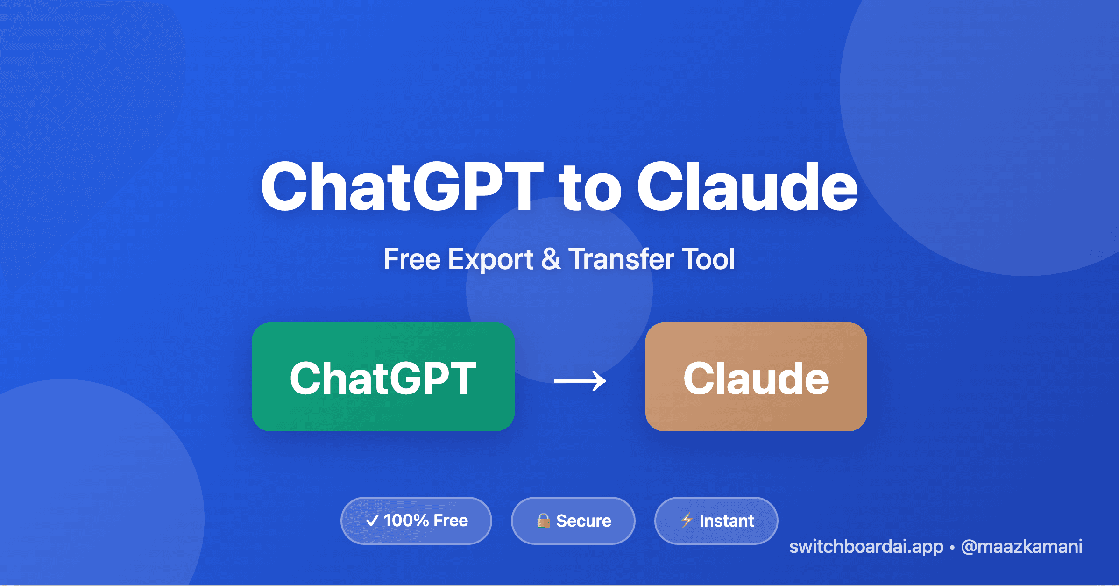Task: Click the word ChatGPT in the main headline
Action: (402, 187)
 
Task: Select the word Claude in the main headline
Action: (747, 187)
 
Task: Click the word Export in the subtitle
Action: (490, 260)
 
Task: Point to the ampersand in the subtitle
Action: (551, 259)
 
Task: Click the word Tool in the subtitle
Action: (708, 259)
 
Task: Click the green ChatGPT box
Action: (383, 377)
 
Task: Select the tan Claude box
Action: (756, 377)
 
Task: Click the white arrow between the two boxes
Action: (580, 381)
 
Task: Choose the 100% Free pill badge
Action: (416, 521)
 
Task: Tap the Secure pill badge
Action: (573, 521)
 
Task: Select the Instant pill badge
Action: (716, 521)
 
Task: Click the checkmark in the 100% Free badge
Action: (372, 521)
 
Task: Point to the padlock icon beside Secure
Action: (543, 520)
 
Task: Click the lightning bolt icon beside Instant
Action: (687, 520)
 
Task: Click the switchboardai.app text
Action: (866, 547)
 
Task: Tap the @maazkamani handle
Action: (1021, 547)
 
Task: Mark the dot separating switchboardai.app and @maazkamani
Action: (952, 547)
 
